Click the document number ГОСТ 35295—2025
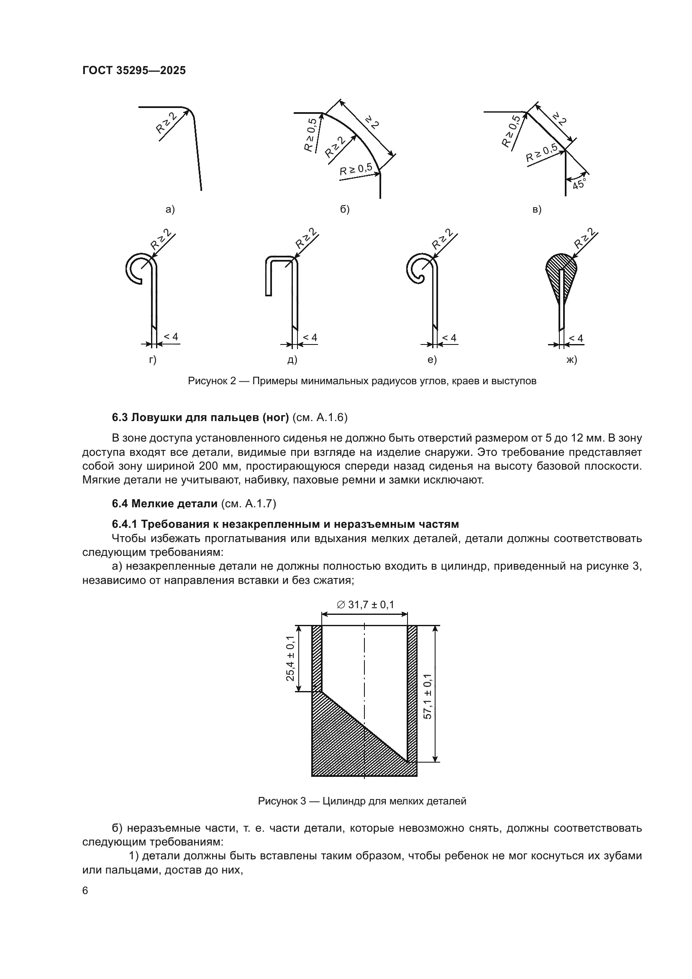(134, 70)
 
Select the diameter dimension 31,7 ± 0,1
(365, 605)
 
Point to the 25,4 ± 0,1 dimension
(291, 658)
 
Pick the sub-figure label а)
(170, 209)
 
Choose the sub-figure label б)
(345, 209)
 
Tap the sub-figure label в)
(537, 209)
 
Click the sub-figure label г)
(153, 360)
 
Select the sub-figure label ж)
(572, 360)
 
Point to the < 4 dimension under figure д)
(310, 338)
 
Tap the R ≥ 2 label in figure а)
(166, 123)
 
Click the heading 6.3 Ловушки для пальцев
(200, 417)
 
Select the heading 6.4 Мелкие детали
(164, 504)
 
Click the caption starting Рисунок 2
(362, 381)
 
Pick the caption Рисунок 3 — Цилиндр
(362, 801)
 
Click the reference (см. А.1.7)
(249, 504)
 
